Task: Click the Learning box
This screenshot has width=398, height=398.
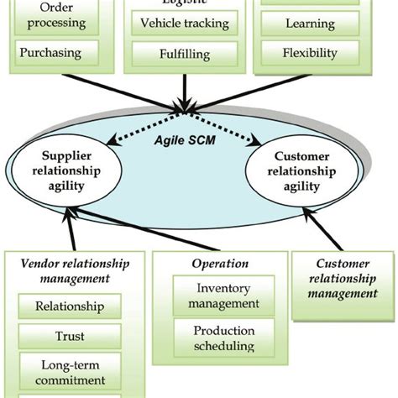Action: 299,24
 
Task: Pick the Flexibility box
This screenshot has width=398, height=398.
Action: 299,54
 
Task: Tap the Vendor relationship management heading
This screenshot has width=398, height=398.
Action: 76,271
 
